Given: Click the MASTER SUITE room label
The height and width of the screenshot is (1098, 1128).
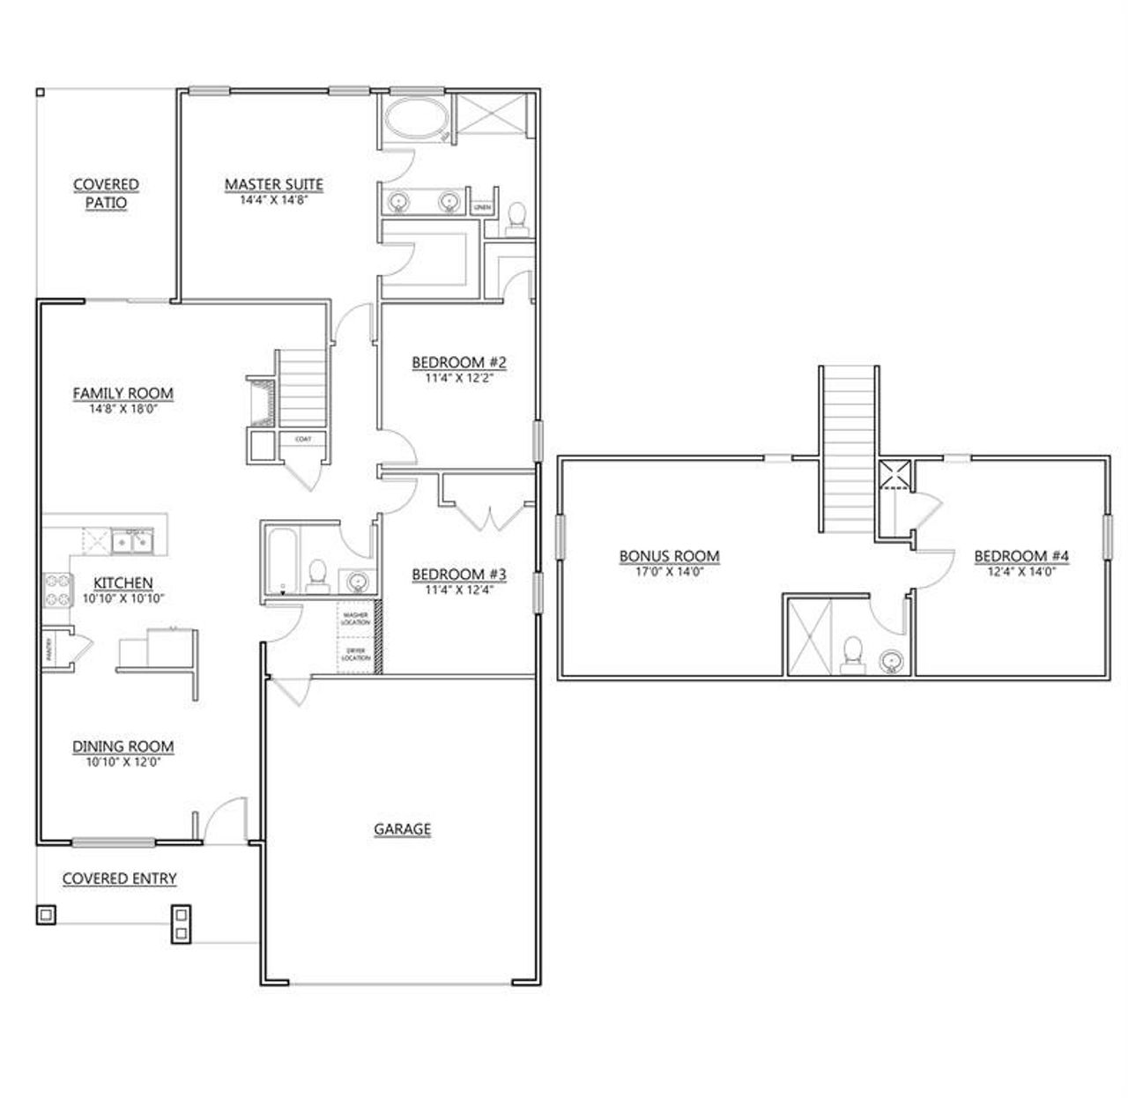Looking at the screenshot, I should coord(273,184).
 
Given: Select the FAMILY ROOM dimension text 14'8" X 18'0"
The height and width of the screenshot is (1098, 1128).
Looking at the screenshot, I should coord(122,408).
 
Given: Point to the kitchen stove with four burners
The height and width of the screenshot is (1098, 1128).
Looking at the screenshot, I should coord(57,590).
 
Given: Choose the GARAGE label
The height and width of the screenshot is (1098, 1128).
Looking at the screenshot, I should coord(402,828).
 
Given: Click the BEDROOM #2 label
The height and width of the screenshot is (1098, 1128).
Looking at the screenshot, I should coord(459,362).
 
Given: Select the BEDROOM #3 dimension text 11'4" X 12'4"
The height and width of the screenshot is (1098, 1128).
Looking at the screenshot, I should coord(459,590).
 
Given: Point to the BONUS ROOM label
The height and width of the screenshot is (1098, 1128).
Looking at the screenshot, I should coord(669,556).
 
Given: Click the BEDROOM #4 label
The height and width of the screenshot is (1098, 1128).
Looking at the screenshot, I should coord(1021,556).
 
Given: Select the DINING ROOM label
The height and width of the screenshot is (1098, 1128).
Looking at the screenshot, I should coord(122,746).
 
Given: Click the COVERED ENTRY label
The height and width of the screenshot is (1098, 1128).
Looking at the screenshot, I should coord(119,879).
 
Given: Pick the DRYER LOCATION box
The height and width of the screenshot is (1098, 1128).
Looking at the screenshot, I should coord(355,655).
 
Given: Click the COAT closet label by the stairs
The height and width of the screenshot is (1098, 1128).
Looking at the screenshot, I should coord(302,438).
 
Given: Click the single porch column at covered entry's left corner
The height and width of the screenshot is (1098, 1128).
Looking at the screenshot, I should coord(46,914).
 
